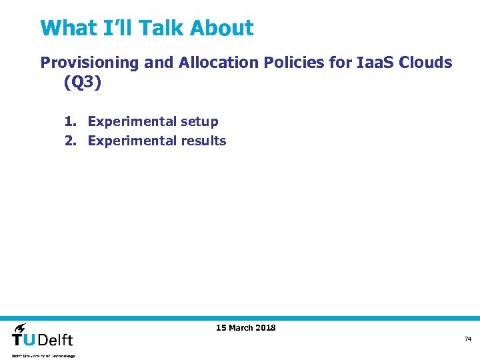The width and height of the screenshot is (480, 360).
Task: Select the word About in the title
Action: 221,28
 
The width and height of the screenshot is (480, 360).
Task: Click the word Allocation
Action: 218,63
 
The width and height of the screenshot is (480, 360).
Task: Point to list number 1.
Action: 70,121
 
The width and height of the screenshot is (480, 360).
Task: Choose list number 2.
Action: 70,141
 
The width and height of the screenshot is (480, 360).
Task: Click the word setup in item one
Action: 199,121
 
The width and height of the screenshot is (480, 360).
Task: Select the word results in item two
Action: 203,141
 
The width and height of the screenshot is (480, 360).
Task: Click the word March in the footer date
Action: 241,327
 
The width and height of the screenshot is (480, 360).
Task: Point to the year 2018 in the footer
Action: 265,327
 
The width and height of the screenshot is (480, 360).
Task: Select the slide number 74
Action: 467,339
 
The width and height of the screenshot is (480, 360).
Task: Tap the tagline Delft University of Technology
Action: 43,356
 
